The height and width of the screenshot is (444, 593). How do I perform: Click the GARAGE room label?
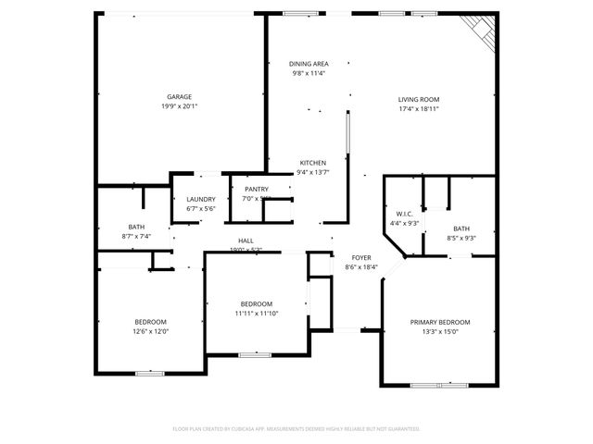point(179,96)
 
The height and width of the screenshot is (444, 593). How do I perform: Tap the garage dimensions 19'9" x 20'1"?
point(179,105)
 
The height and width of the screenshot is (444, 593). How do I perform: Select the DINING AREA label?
point(309,64)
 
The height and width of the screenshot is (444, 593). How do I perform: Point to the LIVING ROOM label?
point(418,99)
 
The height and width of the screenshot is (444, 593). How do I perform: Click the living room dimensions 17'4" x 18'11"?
point(418,108)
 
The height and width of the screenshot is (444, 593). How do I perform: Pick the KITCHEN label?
point(312,163)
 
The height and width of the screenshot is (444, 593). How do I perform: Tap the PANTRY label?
point(257,189)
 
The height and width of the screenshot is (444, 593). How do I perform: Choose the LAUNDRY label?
point(201,199)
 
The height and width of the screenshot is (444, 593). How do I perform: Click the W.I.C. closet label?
point(403,213)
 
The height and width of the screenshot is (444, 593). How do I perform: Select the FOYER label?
point(361,258)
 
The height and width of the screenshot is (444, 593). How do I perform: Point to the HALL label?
point(246,240)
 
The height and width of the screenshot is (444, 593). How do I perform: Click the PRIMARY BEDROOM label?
point(440,322)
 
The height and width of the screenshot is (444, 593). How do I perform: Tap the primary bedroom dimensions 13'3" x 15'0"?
point(440,331)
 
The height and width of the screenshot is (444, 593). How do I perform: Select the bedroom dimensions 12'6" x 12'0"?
point(151,331)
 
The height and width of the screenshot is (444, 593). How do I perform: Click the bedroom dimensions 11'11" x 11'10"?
point(257,313)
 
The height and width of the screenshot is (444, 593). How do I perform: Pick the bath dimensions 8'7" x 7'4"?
point(136,236)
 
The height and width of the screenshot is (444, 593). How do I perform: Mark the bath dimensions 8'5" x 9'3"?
point(461,238)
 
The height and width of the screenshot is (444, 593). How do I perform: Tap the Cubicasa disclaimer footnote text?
point(296,428)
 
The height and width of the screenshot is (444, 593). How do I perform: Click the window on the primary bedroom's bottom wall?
point(438,385)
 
